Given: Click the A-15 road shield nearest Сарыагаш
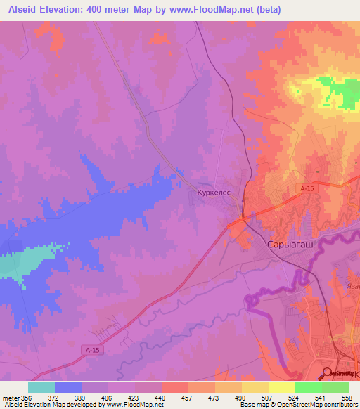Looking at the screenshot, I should click(307, 189).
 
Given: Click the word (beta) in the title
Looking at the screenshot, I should click(311, 10).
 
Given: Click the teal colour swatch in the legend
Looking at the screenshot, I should click(41, 387).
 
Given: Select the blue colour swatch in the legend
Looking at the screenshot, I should click(67, 387).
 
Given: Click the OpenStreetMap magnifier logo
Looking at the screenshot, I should click(328, 373).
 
